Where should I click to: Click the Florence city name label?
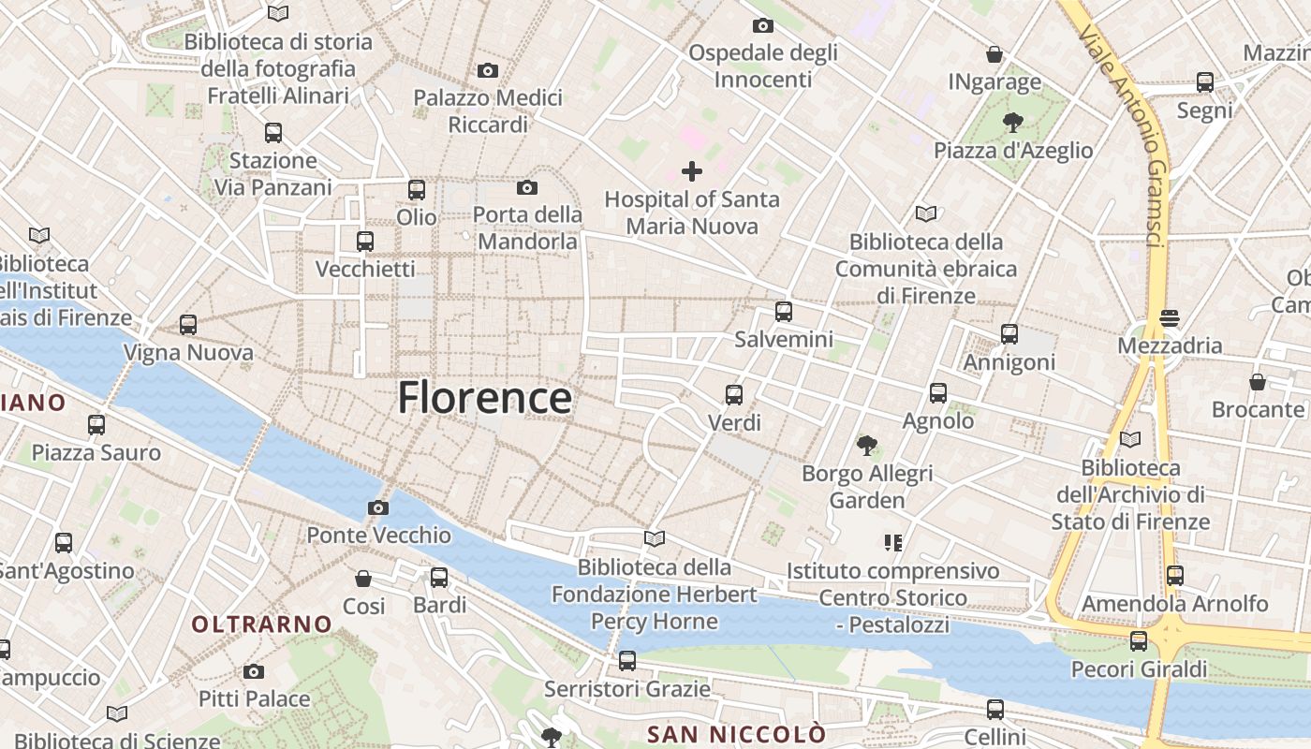[484, 398]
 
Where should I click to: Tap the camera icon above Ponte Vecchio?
[378, 508]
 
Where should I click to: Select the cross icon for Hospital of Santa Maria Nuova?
[692, 171]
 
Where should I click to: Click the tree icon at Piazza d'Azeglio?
[1012, 122]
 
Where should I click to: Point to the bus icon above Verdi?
[734, 395]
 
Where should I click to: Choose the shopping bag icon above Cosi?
[363, 579]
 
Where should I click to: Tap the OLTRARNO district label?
[262, 624]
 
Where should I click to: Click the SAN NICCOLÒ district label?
[736, 733]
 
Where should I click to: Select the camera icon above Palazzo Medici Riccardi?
[487, 71]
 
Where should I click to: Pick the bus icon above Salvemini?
[784, 312]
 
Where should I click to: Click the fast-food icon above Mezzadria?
[1169, 318]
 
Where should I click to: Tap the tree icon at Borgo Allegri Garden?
[867, 446]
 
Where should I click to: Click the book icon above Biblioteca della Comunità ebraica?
[926, 214]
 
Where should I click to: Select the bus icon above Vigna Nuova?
[188, 325]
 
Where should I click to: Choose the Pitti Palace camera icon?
[254, 672]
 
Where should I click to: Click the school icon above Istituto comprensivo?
[892, 542]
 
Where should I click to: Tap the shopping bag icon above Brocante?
[1257, 382]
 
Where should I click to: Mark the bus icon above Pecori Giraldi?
[1139, 641]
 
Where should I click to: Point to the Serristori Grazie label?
[627, 690]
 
